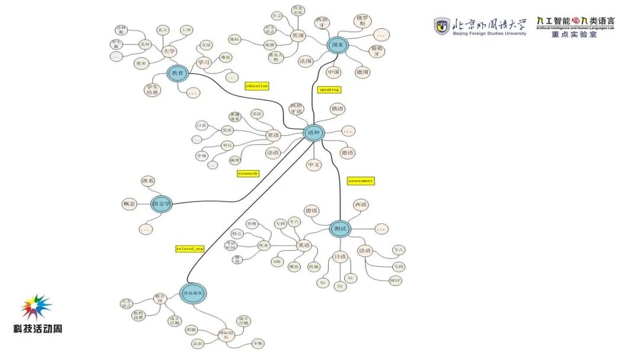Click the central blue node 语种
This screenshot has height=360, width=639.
(x=314, y=133)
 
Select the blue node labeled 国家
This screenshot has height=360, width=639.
(x=337, y=46)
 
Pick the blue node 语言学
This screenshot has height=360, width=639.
(x=161, y=204)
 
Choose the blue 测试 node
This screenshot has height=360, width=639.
(x=340, y=229)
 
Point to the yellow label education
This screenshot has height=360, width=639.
(x=257, y=86)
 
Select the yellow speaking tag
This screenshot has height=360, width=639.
(x=329, y=90)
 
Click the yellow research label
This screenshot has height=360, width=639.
(x=248, y=173)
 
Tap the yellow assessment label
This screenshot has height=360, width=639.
(x=360, y=181)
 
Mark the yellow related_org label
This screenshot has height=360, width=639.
(x=189, y=249)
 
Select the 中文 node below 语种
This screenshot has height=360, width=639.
(x=314, y=165)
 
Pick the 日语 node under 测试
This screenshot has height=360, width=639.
(x=340, y=257)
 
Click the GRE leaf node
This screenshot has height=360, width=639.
(x=277, y=261)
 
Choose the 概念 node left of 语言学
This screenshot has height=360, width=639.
(x=129, y=204)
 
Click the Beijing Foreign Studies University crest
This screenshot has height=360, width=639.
(x=441, y=26)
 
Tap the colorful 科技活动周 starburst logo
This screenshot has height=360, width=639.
(x=37, y=307)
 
